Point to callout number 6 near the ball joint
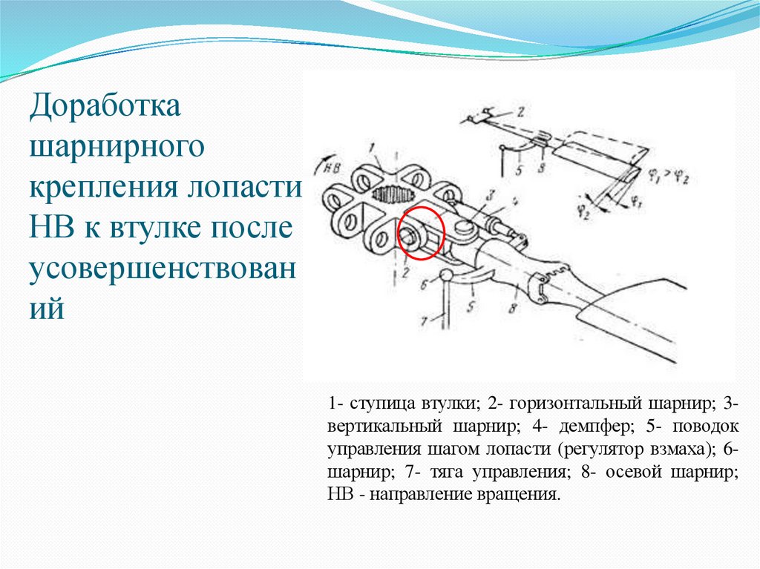click(423, 283)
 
